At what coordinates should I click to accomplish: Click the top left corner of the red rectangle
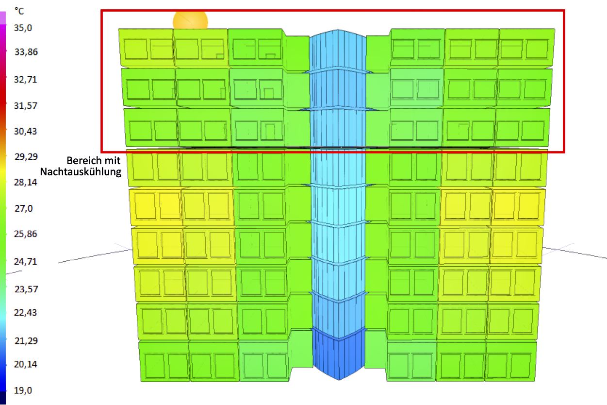point(101,11)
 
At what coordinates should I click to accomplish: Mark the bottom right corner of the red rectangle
point(564,152)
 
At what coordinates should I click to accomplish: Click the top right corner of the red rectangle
point(564,11)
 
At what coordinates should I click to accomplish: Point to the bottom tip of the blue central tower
point(339,380)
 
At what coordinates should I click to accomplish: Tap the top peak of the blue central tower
point(338,29)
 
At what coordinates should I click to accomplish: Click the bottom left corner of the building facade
point(141,381)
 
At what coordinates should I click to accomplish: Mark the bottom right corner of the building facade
point(535,381)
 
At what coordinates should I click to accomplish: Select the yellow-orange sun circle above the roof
point(191,20)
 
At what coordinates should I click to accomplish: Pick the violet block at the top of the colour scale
point(3,18)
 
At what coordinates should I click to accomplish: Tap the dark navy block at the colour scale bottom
point(3,398)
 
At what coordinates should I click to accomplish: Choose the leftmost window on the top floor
point(135,49)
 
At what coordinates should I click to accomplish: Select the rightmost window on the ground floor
point(521,365)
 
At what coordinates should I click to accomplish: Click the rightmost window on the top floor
point(537,49)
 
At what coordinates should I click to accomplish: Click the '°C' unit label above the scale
point(19,11)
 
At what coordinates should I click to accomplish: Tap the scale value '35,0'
point(23,28)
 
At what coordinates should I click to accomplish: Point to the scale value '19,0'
point(23,390)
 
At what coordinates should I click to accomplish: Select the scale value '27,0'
point(24,208)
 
